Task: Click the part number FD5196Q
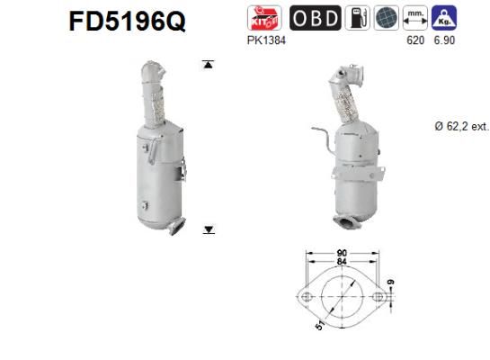(127, 22)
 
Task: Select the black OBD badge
(314, 18)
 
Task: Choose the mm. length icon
(415, 18)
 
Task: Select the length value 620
(415, 40)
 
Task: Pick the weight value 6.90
(444, 40)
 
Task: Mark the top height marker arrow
(209, 64)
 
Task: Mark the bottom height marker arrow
(209, 230)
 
